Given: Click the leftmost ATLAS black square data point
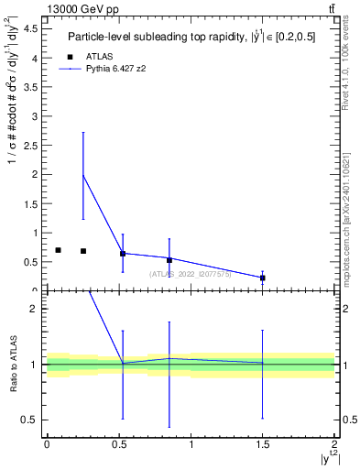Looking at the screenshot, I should click(x=58, y=250).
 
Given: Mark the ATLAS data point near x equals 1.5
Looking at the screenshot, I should click(x=263, y=278).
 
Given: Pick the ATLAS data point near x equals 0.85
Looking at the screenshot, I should click(x=169, y=260).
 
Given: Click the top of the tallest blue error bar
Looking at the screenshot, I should click(x=83, y=132).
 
